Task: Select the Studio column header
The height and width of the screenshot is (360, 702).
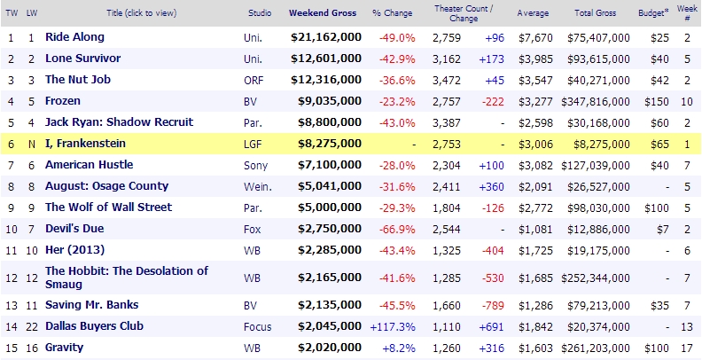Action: pos(258,13)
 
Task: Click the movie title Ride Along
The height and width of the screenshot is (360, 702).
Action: pos(74,37)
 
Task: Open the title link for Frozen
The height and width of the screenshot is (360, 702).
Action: pos(63,101)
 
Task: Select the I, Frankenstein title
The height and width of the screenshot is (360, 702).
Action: pos(86,144)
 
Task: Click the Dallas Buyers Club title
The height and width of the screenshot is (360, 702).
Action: pos(97,325)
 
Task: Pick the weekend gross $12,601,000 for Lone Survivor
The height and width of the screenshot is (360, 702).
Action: pos(326,59)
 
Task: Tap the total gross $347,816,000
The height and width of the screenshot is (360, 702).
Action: pos(596,101)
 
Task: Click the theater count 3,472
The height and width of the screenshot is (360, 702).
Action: pos(446,80)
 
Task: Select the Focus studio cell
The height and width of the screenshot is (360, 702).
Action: pos(257,325)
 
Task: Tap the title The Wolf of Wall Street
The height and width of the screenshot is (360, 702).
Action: pos(108,207)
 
